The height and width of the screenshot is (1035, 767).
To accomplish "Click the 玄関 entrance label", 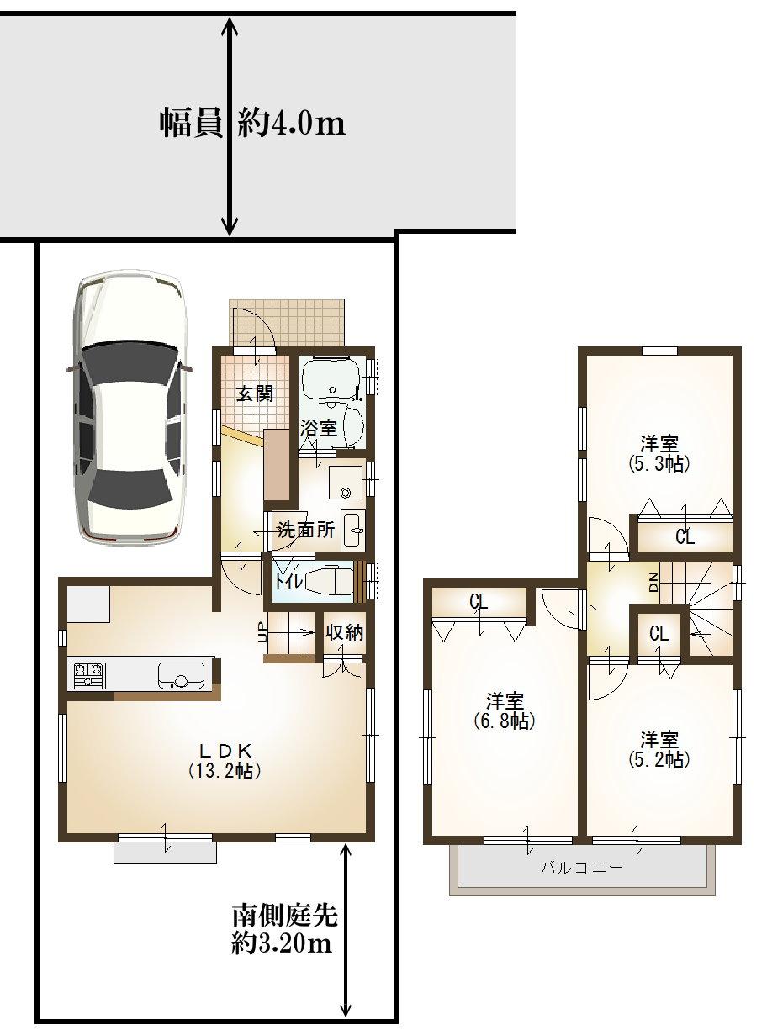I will tap(253, 393).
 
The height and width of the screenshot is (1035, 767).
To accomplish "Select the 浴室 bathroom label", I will tap(319, 428).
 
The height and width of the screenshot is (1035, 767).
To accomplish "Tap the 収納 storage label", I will tap(344, 633).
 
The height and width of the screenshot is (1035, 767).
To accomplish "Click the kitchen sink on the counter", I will tap(180, 674).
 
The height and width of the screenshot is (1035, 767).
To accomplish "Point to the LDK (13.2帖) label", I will tap(221, 760).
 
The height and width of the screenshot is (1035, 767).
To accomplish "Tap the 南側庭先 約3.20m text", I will tap(284, 929).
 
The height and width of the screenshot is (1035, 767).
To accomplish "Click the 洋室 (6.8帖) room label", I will tap(505, 710).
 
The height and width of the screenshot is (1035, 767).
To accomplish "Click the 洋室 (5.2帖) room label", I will tap(659, 749).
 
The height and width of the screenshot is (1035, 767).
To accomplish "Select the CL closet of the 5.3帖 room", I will tap(685, 538).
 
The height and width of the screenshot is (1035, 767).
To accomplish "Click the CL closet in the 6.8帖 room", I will tap(479, 602).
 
